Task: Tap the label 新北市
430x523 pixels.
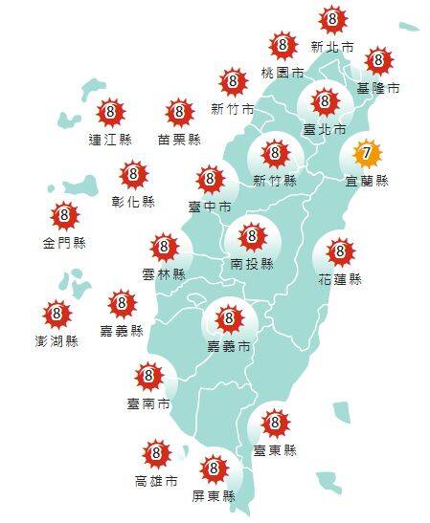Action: pyautogui.click(x=332, y=46)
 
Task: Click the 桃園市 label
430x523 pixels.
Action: pyautogui.click(x=283, y=73)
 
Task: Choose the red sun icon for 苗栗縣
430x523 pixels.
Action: pyautogui.click(x=179, y=113)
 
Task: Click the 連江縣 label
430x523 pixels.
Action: pyautogui.click(x=109, y=139)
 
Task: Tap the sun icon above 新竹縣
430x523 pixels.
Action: pyautogui.click(x=274, y=152)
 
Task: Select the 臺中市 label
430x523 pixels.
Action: pyautogui.click(x=210, y=206)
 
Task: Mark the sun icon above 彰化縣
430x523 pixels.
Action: pyautogui.click(x=133, y=175)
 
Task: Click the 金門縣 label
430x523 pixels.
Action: pyautogui.click(x=63, y=242)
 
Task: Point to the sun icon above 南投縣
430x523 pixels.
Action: pyautogui.click(x=252, y=235)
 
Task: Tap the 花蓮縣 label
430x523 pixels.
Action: pyautogui.click(x=341, y=279)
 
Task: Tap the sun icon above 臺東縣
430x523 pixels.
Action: pyautogui.click(x=275, y=422)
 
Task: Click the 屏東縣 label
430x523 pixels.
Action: pyautogui.click(x=213, y=497)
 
